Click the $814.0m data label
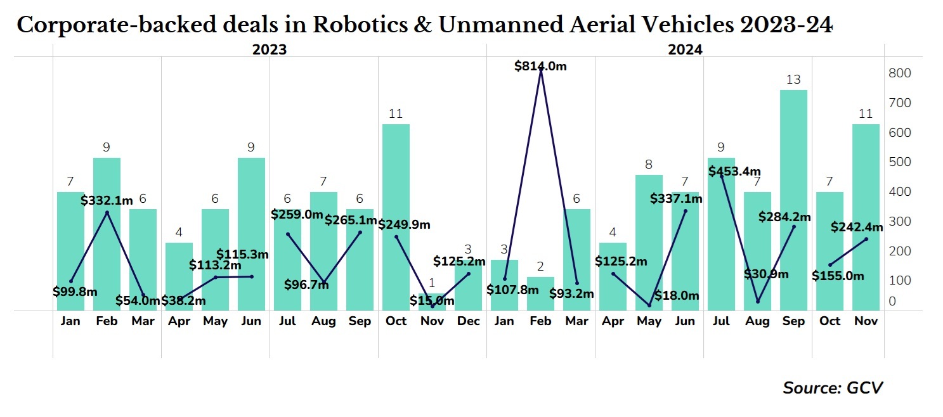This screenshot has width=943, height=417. tap(540, 65)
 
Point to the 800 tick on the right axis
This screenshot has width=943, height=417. tap(899, 73)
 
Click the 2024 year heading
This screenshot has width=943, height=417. tap(685, 50)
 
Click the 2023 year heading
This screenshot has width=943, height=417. tap(270, 50)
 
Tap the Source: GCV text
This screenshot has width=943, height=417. tap(833, 388)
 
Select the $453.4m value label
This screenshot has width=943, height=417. tap(734, 171)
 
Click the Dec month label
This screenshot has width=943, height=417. tap(469, 321)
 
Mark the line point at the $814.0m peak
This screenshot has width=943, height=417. tap(540, 70)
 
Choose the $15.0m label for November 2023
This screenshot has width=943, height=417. tap(432, 300)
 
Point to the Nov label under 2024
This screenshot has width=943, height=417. tap(866, 321)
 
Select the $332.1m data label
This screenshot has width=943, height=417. tap(107, 200)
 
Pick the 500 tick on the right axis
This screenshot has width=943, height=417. tap(899, 162)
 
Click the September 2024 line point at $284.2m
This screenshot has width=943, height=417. tap(793, 227)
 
